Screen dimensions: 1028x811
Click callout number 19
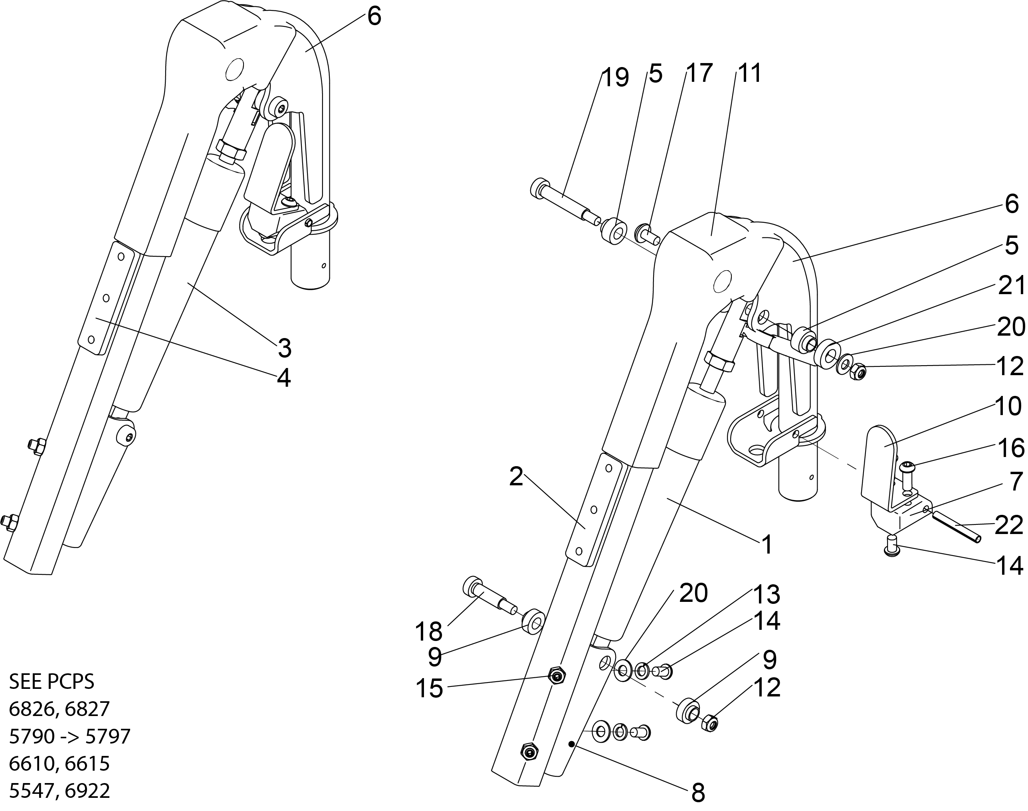[x=615, y=77]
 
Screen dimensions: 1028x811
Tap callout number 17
[x=700, y=73]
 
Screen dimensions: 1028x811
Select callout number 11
[x=749, y=73]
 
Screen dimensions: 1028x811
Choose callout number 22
[x=1009, y=526]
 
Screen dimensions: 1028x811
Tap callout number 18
[x=429, y=631]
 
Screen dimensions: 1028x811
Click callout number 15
[x=429, y=688]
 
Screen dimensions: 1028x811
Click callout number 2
[x=516, y=476]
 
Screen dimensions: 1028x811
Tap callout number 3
[x=284, y=348]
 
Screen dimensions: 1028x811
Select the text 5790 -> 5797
[x=70, y=736]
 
